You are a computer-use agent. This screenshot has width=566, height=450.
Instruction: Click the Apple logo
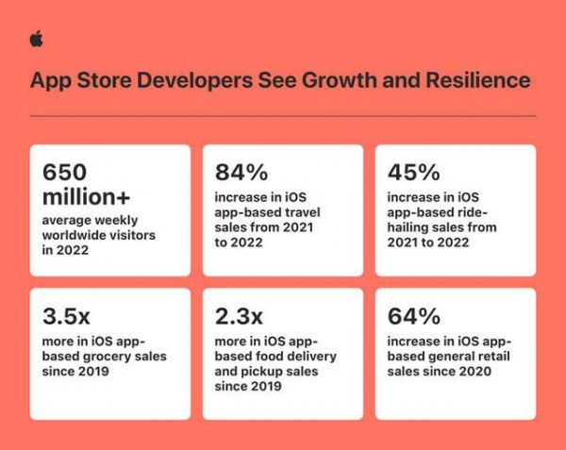[x=37, y=39]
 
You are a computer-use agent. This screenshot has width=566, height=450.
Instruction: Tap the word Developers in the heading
[x=195, y=81]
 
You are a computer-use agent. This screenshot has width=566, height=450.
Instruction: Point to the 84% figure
[x=241, y=172]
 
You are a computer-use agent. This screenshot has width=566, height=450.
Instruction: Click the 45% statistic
[x=414, y=172]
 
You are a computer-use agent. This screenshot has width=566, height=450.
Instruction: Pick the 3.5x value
[x=66, y=316]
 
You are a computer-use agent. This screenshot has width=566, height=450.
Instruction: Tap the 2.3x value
[x=239, y=316]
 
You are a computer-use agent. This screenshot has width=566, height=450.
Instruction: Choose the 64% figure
[x=414, y=316]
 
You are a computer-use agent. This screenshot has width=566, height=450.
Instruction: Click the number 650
[x=64, y=172]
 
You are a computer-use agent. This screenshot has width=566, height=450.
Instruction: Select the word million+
[x=86, y=197]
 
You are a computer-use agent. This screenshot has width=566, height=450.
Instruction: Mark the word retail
[x=492, y=357]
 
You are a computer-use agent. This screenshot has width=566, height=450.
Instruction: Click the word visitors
[x=132, y=235]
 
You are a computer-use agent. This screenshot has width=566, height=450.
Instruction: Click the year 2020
[x=475, y=372]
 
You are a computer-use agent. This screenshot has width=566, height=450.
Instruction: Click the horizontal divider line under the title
[x=283, y=116]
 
